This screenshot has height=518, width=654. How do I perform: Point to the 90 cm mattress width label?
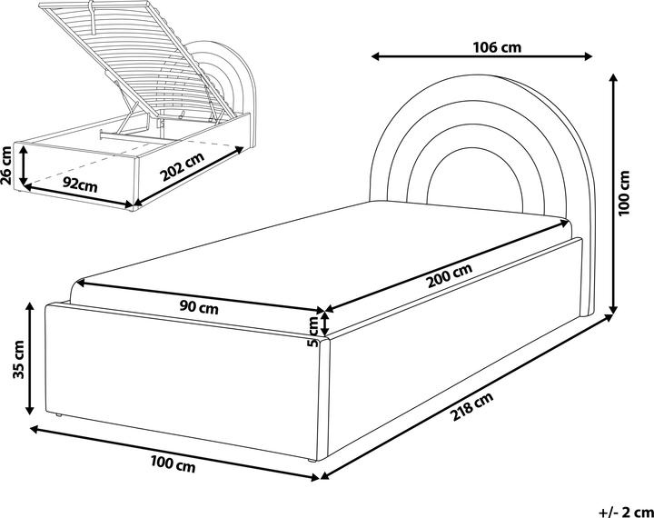pyautogui.click(x=199, y=306)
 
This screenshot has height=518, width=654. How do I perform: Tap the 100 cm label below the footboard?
pyautogui.click(x=172, y=465)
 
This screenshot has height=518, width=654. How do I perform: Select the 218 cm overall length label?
pyautogui.click(x=471, y=415)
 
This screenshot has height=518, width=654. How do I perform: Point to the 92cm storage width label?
pyautogui.click(x=80, y=184)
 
